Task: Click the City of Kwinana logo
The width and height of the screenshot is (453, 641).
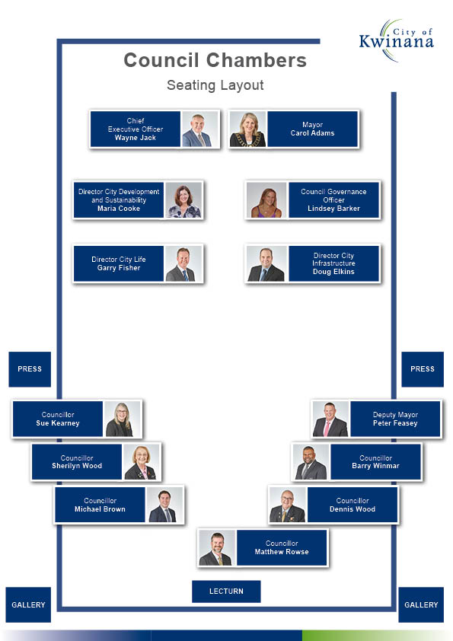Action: [396, 40]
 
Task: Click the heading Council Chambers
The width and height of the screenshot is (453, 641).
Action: [215, 60]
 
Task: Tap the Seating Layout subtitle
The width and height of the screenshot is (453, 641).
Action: [215, 85]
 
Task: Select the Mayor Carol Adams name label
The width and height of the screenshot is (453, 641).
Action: [312, 129]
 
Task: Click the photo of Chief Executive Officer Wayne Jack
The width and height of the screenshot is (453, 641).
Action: [200, 129]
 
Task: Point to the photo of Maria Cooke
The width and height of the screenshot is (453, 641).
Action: [183, 200]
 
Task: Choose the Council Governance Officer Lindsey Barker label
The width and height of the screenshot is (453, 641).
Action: [333, 200]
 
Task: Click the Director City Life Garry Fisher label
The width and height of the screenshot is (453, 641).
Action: [119, 263]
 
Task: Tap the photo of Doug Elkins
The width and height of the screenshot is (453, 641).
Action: [266, 263]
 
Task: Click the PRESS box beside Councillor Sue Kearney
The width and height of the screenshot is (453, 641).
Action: [30, 369]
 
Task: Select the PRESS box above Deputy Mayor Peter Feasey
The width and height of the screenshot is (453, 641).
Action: [423, 369]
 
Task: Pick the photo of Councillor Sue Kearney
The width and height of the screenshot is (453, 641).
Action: [123, 419]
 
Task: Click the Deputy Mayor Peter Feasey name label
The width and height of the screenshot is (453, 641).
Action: [395, 419]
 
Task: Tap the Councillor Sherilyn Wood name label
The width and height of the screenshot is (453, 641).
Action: [77, 462]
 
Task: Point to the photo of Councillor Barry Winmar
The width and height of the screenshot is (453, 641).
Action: [311, 462]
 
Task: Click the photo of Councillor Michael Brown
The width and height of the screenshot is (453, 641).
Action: [164, 505]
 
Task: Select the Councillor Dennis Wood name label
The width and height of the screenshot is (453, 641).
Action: [353, 505]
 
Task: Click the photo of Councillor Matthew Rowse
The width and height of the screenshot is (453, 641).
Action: [217, 548]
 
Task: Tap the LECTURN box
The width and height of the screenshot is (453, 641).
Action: [226, 591]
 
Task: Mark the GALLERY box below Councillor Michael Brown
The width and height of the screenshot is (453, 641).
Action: [28, 604]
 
